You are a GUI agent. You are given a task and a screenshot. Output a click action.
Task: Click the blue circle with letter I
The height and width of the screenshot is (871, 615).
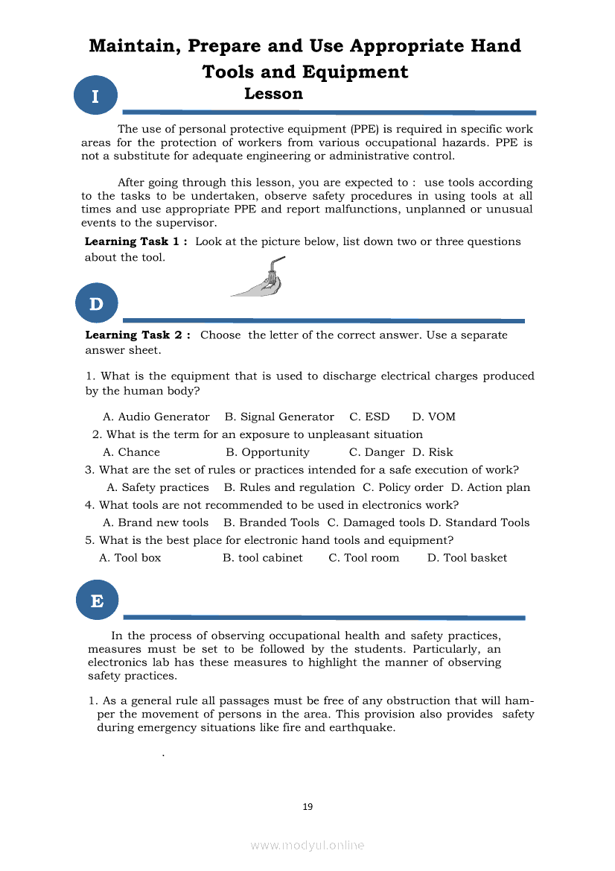pos(95,96)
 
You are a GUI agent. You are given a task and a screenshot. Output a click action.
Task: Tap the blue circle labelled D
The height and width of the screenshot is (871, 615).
pos(97,304)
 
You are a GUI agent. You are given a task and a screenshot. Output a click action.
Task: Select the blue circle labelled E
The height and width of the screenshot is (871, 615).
pos(97,600)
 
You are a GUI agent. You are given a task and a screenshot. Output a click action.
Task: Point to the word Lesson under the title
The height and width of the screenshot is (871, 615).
pos(273,94)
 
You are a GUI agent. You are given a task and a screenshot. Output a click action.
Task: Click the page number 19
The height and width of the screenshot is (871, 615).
pos(307,806)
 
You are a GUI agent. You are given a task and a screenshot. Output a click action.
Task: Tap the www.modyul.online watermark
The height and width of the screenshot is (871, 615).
pos(307,845)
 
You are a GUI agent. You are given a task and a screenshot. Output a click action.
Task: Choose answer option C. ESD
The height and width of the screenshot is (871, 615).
pos(369,417)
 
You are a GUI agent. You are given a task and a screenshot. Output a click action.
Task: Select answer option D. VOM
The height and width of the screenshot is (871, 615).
pos(434,417)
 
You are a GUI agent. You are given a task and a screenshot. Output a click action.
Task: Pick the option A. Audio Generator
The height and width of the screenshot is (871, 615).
pos(156,417)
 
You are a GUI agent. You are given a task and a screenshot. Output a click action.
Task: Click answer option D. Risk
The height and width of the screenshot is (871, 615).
pos(433,452)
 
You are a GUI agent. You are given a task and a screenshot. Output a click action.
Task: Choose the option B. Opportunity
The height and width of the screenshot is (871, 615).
pos(267,452)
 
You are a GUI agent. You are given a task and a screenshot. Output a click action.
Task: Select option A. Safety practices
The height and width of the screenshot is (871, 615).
pos(158,488)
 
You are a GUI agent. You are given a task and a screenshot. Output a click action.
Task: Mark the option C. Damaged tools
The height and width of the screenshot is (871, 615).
pos(376,523)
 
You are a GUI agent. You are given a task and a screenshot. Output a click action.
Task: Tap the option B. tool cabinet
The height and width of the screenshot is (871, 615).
pos(263,558)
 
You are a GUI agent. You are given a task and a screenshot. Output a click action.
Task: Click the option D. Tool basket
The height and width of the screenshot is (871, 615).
pos(467,558)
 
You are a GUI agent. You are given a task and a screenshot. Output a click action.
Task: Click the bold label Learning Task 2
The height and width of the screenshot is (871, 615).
pos(138,335)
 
